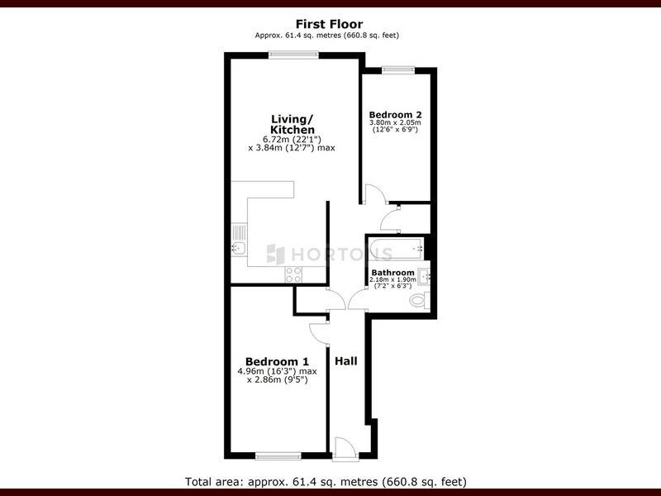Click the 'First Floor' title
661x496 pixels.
pyautogui.click(x=329, y=24)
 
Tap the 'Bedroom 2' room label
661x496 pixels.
pyautogui.click(x=395, y=115)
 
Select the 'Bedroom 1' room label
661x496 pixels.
pyautogui.click(x=277, y=361)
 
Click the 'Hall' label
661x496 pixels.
pyautogui.click(x=346, y=361)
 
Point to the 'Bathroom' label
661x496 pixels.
pyautogui.click(x=393, y=273)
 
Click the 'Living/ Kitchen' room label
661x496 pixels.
pyautogui.click(x=292, y=125)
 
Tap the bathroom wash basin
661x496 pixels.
pyautogui.click(x=424, y=277)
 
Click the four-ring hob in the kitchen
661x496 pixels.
pyautogui.click(x=293, y=274)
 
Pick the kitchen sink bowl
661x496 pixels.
pyautogui.click(x=239, y=249)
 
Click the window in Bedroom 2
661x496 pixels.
pyautogui.click(x=398, y=70)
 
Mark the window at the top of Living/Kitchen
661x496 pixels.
pyautogui.click(x=293, y=55)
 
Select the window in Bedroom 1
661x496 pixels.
pyautogui.click(x=278, y=456)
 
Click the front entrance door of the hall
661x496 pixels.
pyautogui.click(x=345, y=448)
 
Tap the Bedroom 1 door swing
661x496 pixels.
pyautogui.click(x=319, y=332)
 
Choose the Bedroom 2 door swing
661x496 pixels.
pyautogui.click(x=374, y=193)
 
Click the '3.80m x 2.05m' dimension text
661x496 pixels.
pyautogui.click(x=395, y=122)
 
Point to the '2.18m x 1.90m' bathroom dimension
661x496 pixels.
pyautogui.click(x=393, y=279)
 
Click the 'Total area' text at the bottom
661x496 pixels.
pyautogui.click(x=326, y=481)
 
